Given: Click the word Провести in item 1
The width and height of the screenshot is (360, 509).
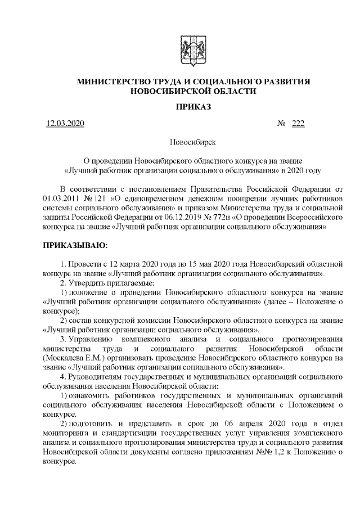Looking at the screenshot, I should click(x=83, y=264).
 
